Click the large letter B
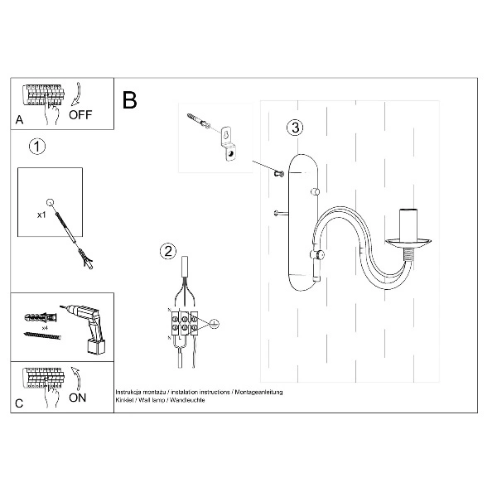pos(129,101)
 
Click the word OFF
pos(81,115)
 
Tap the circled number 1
pos(36,147)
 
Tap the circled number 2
pos(168,251)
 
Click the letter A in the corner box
pos(19,121)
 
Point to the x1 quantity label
pos(41,213)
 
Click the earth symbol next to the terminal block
pos(213,323)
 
